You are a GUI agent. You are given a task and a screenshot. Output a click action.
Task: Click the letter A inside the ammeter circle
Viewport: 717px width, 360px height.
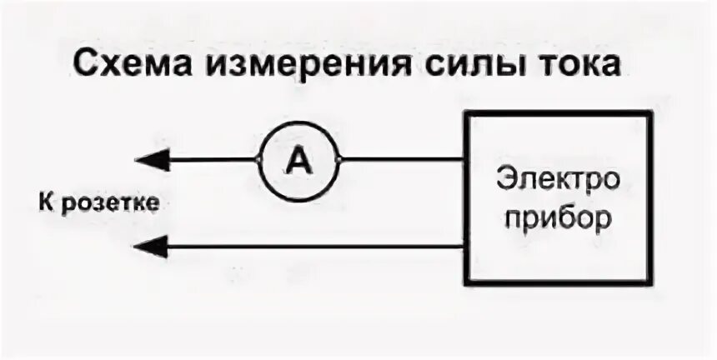tap(298, 160)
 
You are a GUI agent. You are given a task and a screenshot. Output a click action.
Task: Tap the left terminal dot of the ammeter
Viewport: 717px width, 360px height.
tap(258, 159)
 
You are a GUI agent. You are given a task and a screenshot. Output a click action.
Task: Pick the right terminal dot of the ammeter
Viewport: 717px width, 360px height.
tap(338, 159)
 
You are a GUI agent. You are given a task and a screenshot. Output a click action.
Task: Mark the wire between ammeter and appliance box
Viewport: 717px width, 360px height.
tap(400, 159)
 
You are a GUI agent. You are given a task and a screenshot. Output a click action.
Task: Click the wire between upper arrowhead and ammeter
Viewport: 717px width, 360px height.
tap(213, 159)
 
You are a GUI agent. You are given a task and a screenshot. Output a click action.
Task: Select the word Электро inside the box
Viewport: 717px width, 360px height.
tap(557, 179)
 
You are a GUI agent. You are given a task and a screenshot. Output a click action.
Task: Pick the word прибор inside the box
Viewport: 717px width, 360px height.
tap(558, 218)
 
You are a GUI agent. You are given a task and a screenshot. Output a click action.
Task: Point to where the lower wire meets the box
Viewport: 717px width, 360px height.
tap(465, 246)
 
